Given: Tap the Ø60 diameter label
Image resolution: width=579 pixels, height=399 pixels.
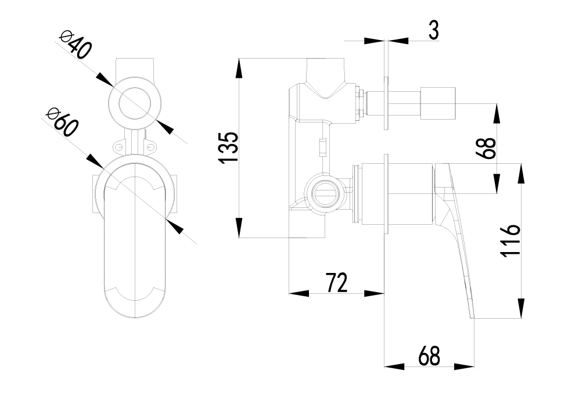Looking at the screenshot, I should coord(63,121).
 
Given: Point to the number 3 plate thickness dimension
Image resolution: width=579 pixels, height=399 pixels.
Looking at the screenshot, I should coord(433,30).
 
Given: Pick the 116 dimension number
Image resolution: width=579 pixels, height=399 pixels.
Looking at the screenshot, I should coord(509,241).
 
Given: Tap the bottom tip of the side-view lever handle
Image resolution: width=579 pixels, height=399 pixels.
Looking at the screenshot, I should coord(473,317).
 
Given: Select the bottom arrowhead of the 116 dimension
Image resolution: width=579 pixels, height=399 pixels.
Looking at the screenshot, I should coord(523,306).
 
